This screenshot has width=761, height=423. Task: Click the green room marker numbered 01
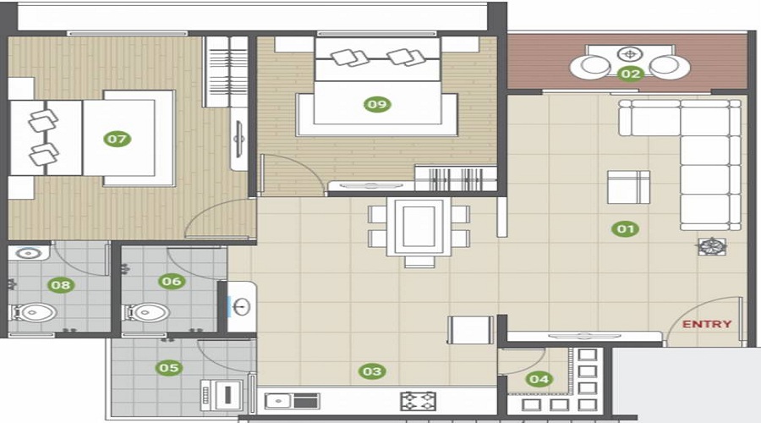tap(626, 228)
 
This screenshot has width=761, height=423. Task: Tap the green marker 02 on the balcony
tap(631, 74)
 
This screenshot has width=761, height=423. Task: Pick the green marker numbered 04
tap(539, 379)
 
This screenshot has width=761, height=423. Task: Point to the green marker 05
tap(169, 368)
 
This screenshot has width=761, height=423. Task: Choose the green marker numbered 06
tap(172, 281)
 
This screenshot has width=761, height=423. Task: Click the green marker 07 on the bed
tap(118, 138)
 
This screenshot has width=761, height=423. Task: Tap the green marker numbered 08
tap(60, 285)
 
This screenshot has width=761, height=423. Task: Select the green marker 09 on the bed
tap(376, 104)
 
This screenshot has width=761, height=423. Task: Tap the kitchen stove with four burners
tap(418, 399)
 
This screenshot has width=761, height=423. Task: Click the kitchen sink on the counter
tap(282, 399)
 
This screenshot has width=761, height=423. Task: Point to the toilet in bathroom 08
tap(33, 313)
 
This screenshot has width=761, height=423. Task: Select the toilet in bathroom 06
tap(145, 312)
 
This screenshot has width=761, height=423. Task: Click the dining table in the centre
tap(419, 226)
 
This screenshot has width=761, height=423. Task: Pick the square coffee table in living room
tap(628, 187)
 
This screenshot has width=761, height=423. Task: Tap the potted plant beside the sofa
tap(710, 246)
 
